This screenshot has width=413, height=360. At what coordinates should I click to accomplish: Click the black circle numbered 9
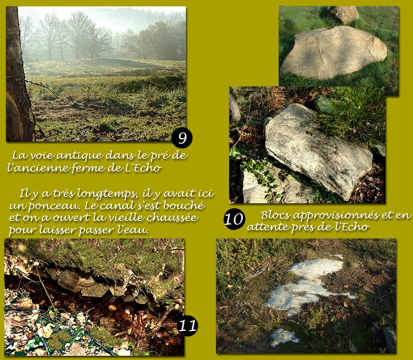coord(182,138)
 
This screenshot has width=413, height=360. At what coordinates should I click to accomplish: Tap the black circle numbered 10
coord(234,219)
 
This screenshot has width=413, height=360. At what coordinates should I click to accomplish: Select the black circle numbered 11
coord(187,326)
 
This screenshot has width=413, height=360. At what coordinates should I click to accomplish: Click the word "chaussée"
coord(172,218)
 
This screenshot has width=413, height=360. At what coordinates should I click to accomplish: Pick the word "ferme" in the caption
coord(89,167)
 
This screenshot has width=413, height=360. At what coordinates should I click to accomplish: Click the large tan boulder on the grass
coord(333,53)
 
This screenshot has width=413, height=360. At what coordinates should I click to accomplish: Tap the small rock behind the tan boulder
coord(344,14)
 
